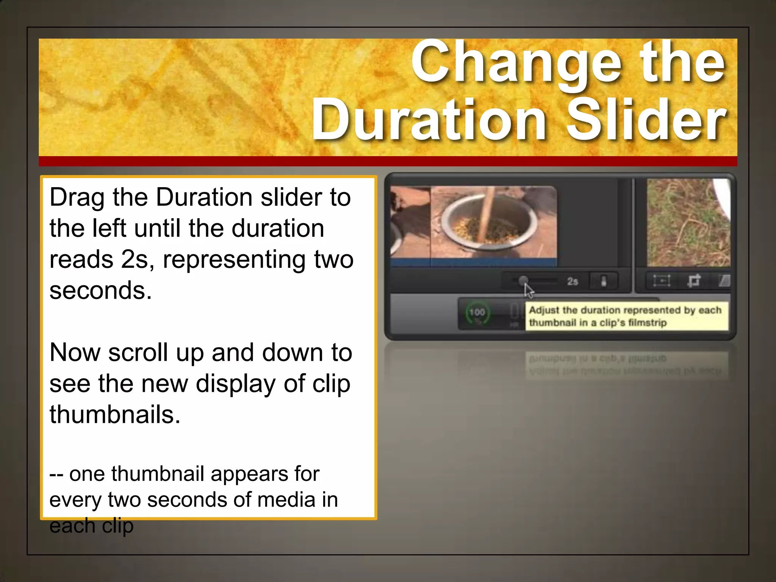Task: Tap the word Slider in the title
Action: [646, 119]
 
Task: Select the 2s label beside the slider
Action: [573, 282]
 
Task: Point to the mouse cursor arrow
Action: [528, 291]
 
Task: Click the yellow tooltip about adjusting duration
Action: [626, 316]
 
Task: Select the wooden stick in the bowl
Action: [487, 212]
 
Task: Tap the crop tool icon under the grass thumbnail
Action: [694, 281]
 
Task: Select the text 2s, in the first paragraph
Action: [138, 260]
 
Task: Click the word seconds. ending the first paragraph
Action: [100, 291]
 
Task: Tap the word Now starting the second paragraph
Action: [75, 353]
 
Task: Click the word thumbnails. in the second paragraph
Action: [115, 415]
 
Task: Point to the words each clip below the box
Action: [91, 526]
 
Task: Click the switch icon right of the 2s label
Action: [604, 282]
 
